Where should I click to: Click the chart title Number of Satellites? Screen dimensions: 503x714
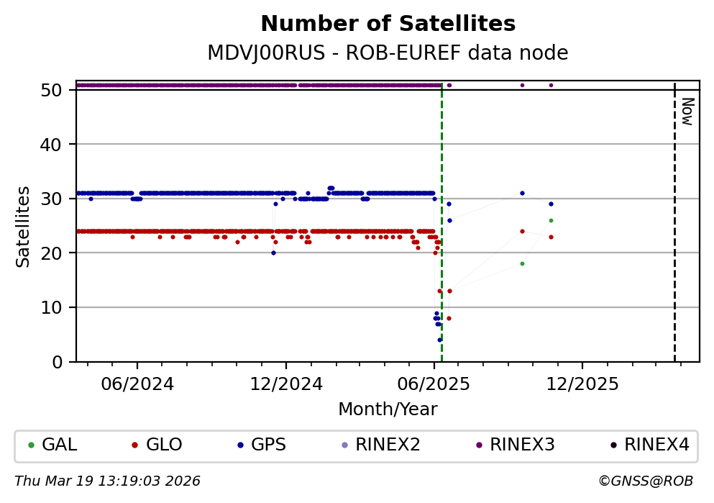(388, 24)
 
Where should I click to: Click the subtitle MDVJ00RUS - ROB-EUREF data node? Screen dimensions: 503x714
(388, 53)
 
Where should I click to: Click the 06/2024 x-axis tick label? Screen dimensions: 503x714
(137, 384)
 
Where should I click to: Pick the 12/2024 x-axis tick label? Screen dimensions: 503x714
(285, 384)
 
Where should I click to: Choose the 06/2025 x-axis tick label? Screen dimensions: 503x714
(434, 384)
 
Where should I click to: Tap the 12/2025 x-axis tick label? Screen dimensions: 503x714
(582, 384)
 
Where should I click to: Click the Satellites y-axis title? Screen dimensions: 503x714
(24, 227)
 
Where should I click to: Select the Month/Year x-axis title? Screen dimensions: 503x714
(388, 409)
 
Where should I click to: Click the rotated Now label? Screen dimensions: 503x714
(687, 111)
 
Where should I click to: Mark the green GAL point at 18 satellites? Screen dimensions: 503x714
(522, 263)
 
